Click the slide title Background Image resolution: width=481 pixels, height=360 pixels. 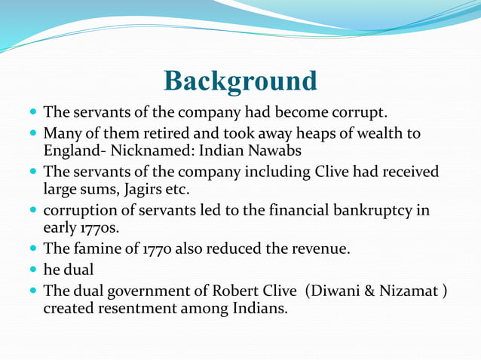pyautogui.click(x=240, y=81)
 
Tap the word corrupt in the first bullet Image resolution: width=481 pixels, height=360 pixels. pyautogui.click(x=358, y=114)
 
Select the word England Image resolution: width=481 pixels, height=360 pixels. pyautogui.click(x=73, y=151)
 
